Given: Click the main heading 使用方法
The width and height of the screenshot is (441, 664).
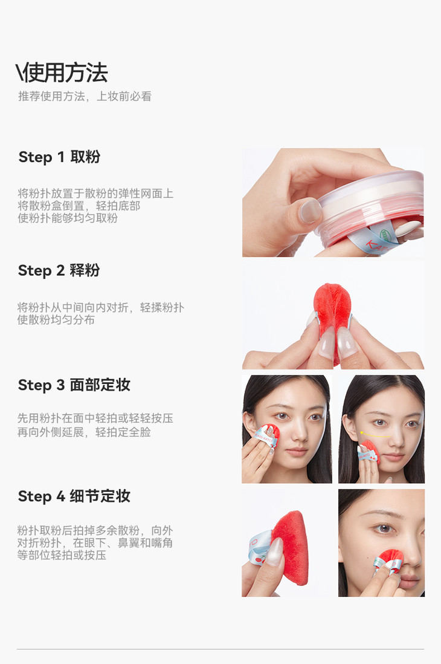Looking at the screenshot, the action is coord(66,73).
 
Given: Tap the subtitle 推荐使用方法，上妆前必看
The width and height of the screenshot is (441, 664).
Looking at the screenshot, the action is coord(85,96).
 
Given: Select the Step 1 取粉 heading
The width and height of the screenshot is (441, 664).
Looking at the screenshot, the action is coord(59,157).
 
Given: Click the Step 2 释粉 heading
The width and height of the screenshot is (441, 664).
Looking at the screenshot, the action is coord(59,270).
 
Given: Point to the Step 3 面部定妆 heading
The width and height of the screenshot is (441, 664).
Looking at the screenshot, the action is coord(74,385).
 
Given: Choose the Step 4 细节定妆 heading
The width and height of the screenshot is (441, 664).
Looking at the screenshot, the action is coord(74,496).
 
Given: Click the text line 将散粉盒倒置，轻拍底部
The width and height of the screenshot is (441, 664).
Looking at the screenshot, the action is coord(79,206).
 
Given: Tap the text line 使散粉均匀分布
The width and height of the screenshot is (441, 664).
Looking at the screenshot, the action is coord(56,319).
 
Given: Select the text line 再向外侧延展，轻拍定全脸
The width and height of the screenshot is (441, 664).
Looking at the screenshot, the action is coord(84,432).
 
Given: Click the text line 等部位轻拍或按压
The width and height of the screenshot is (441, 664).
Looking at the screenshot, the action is coord(62,555).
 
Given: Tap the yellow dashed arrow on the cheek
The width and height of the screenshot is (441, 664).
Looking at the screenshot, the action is coord(375,434).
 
